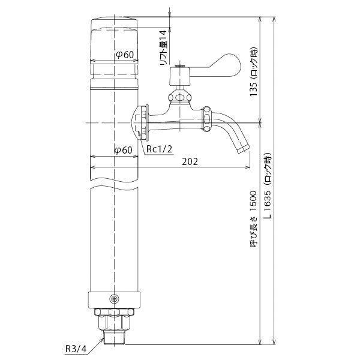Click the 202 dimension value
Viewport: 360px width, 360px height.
coord(190,162)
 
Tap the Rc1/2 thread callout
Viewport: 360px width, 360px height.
coord(159,149)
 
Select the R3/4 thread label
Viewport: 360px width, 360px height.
coord(76,349)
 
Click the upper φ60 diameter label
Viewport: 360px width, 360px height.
coord(124,55)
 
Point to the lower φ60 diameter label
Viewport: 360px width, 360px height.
coord(123,150)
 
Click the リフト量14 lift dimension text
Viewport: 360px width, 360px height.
coord(163,48)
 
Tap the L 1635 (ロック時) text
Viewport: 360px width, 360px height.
coord(268,185)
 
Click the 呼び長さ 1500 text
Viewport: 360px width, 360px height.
coord(253,219)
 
